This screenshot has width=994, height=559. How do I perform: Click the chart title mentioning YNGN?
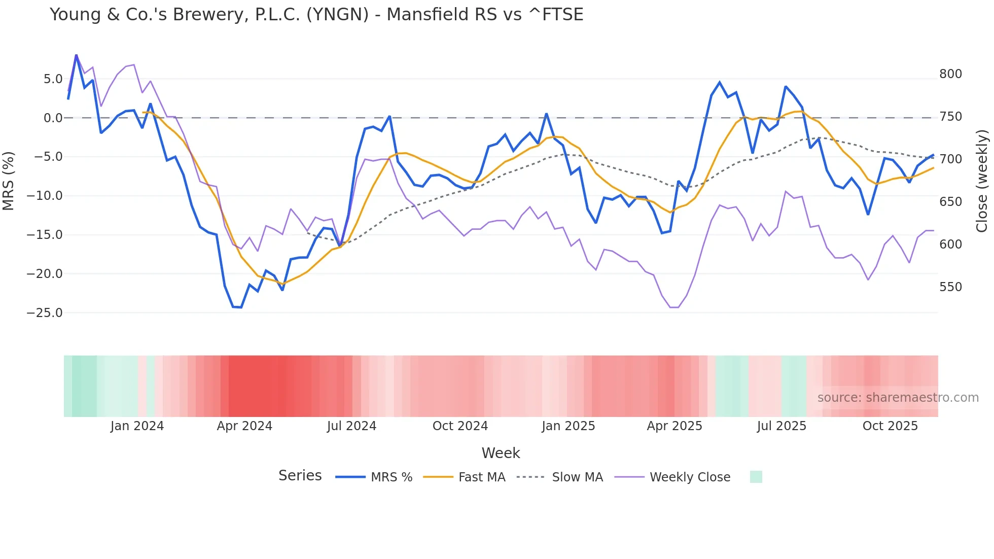[x=316, y=15]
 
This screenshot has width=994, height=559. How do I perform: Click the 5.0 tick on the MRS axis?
[x=53, y=79]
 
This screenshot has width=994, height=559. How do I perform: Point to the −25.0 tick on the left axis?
[x=45, y=313]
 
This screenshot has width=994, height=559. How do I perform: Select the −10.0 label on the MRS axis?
[x=45, y=196]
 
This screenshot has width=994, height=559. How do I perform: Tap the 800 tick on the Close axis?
[x=950, y=74]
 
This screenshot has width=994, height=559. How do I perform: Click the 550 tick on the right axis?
[x=950, y=287]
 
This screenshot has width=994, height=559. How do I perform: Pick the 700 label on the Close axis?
[x=950, y=159]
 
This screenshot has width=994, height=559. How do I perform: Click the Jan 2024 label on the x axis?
[x=137, y=426]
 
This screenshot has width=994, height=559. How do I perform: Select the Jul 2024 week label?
[x=351, y=426]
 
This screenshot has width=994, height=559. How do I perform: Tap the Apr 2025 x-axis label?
[x=674, y=426]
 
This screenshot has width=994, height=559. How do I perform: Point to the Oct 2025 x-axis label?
[x=890, y=426]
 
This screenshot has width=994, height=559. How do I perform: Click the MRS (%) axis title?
[x=9, y=181]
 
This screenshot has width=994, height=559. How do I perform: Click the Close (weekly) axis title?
[x=982, y=181]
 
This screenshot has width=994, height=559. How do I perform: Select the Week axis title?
[x=501, y=453]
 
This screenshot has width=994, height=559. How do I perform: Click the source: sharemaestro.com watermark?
[x=898, y=398]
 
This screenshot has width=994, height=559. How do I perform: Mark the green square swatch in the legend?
[x=756, y=477]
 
